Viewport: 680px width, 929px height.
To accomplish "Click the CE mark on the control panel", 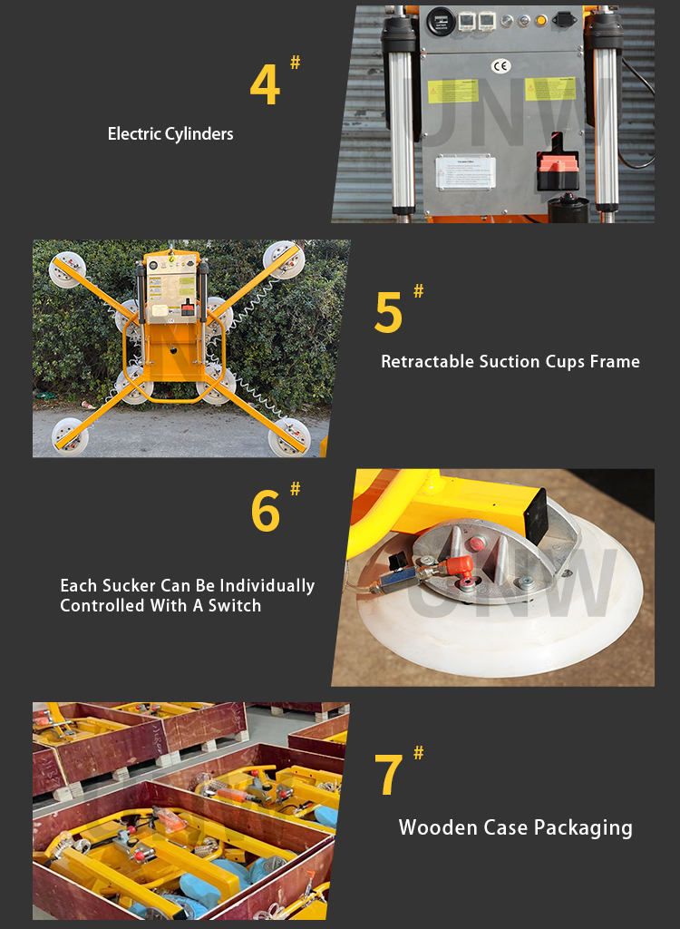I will click(x=500, y=65).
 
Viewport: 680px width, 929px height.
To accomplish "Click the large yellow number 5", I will click(x=388, y=313).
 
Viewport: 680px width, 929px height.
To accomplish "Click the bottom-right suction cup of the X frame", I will click(x=289, y=435).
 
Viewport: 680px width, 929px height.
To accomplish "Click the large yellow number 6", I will click(x=266, y=512).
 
